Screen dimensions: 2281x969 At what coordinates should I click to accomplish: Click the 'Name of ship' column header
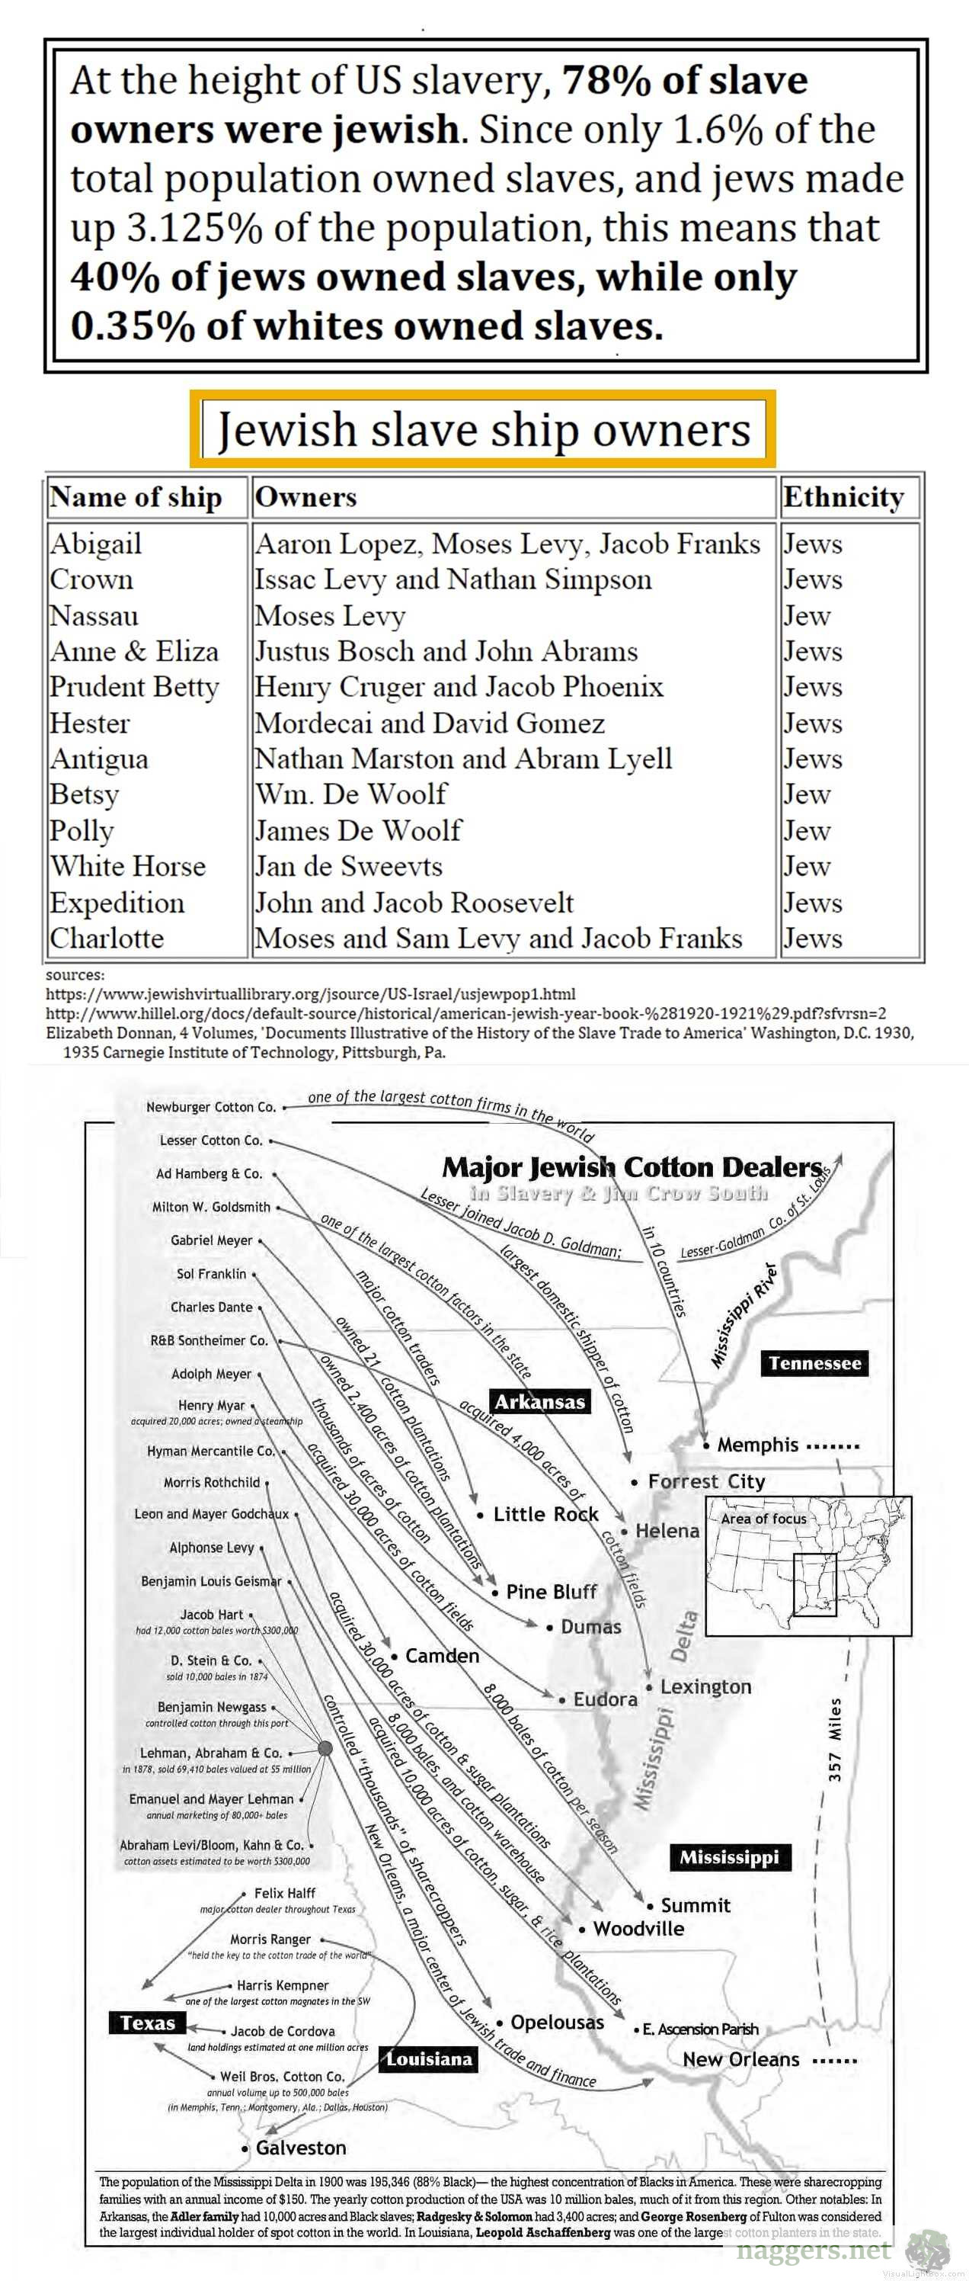(136, 497)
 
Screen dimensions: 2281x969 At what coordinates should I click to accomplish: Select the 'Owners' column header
(305, 497)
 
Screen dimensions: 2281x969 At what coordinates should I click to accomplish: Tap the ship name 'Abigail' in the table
(95, 544)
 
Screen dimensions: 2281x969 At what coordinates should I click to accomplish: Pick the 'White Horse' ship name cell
(127, 866)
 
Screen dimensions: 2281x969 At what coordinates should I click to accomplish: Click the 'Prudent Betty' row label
(133, 687)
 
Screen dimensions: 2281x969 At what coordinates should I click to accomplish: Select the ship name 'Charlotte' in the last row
(107, 938)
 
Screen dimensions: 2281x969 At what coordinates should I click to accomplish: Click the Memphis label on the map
(756, 1445)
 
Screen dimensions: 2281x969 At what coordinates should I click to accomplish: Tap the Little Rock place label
(545, 1514)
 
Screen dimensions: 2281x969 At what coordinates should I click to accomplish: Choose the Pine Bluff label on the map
(551, 1591)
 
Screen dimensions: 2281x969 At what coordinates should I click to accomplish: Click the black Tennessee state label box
(814, 1363)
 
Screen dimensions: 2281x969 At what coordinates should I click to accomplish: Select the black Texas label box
(148, 2023)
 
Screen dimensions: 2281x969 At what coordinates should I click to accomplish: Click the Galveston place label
(300, 2148)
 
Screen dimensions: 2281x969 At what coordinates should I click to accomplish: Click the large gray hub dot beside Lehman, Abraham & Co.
(325, 1747)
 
